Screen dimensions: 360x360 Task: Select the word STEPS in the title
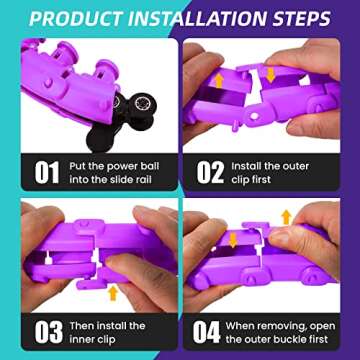click(x=301, y=19)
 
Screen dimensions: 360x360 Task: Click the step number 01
click(x=47, y=172)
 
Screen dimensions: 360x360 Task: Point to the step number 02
click(x=210, y=172)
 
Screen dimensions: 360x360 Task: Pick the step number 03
click(x=48, y=332)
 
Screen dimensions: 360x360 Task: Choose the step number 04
click(x=207, y=332)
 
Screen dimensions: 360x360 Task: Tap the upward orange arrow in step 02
click(x=219, y=81)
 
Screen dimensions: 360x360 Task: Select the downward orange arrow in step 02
click(x=271, y=75)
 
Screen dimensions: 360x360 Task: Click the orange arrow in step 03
click(x=113, y=293)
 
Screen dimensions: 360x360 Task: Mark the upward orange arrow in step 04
click(x=286, y=217)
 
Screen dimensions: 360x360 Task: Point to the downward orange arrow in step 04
click(x=233, y=240)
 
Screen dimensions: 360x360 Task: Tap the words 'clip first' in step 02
click(x=251, y=180)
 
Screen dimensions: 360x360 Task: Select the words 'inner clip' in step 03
click(x=92, y=339)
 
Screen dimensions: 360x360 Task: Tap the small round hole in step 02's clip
click(x=254, y=116)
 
